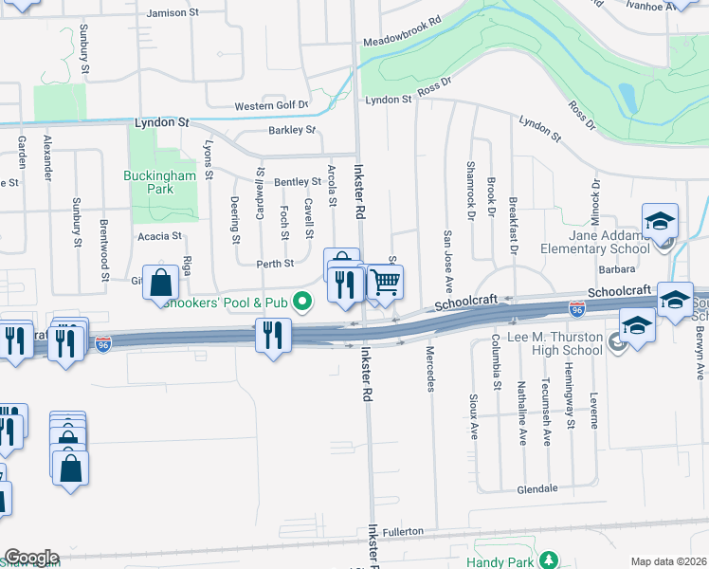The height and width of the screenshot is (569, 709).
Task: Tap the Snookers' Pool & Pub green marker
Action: (302, 303)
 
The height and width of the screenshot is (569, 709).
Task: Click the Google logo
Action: (30, 558)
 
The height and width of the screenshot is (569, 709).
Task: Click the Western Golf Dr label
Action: (271, 104)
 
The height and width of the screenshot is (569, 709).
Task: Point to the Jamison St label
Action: (179, 14)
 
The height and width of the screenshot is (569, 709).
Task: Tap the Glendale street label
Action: (536, 489)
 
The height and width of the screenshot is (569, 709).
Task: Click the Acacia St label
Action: (158, 236)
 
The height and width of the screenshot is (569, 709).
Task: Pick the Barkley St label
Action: (291, 130)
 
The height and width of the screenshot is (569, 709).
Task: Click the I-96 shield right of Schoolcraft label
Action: (576, 309)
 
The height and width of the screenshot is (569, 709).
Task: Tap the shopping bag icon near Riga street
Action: (161, 282)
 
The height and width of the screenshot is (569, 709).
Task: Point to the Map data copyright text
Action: (668, 561)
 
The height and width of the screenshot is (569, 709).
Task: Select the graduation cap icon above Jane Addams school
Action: (660, 222)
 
